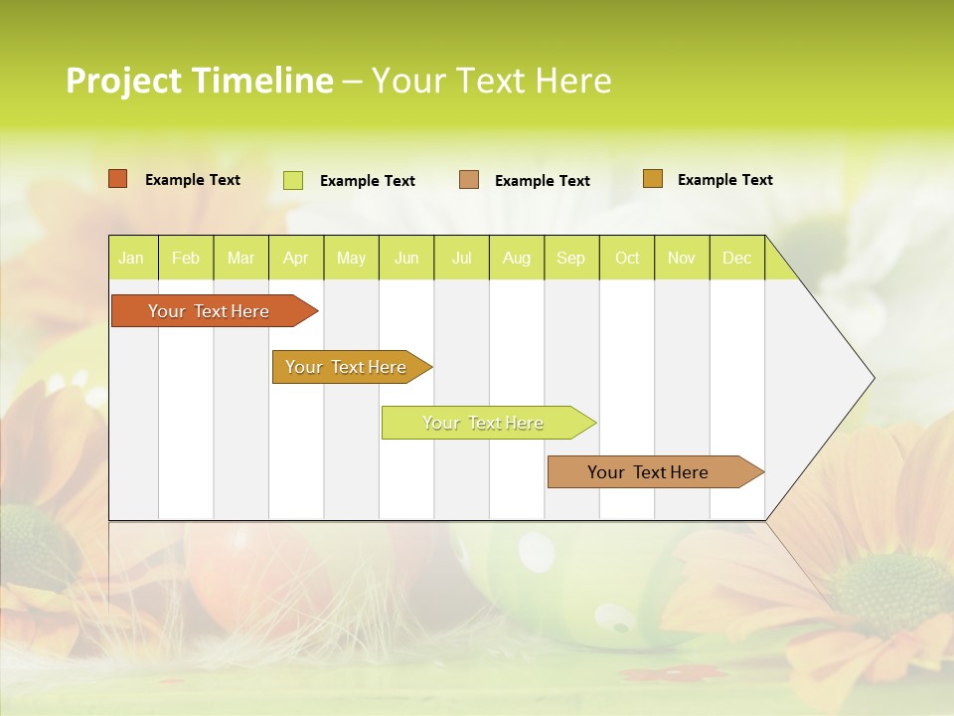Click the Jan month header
131,258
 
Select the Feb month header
186,258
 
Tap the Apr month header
295,258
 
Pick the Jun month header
406,258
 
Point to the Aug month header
517,258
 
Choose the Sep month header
571,258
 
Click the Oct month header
627,258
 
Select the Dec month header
737,258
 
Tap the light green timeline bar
484,423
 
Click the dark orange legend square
118,179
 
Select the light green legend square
293,180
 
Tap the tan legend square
469,180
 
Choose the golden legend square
653,179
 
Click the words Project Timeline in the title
200,81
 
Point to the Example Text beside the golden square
725,180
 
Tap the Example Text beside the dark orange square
193,180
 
